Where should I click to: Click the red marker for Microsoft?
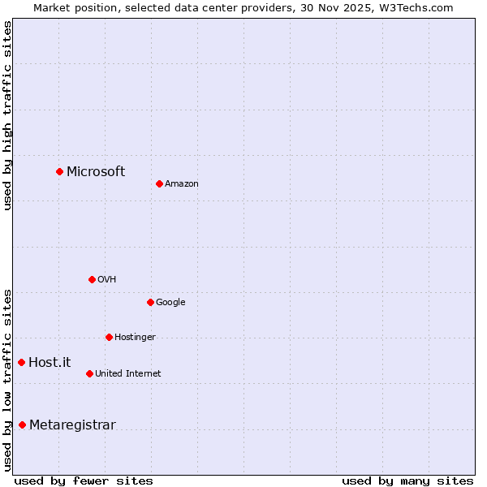pos(59,171)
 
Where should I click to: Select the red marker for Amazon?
pos(159,183)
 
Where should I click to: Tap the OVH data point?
pos(92,279)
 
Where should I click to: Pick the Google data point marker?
pos(150,302)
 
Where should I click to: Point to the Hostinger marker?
pos(109,337)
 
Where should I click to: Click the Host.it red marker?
pos(22,362)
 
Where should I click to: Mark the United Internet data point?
pos(89,373)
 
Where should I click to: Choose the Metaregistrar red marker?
pos(22,425)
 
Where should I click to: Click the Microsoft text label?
pos(96,171)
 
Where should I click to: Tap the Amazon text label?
pos(182,183)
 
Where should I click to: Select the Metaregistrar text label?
pos(72,425)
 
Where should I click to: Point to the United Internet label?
pos(127,373)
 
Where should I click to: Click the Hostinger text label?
pos(135,337)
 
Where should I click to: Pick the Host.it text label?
pos(50,362)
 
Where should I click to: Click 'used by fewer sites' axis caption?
pos(84,481)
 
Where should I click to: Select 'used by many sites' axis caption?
pos(407,481)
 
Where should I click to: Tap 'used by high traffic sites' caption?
pos(7,115)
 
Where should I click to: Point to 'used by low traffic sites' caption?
pos(7,379)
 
